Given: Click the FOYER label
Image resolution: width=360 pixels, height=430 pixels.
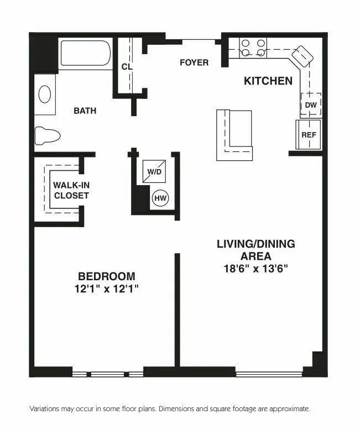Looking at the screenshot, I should [194, 62].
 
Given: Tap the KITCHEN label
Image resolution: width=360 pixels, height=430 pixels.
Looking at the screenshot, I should [268, 81].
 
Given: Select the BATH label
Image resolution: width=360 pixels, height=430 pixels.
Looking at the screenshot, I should [85, 111].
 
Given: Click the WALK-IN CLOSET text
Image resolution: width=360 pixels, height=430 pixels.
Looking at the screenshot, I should [71, 191].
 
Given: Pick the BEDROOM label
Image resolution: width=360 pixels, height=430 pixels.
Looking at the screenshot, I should [106, 276].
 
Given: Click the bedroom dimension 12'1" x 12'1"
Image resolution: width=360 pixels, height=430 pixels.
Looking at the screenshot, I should [106, 289].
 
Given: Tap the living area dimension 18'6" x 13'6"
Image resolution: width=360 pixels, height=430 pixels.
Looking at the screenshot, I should [255, 269].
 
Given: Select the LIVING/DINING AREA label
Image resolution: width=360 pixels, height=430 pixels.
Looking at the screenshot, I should [255, 250].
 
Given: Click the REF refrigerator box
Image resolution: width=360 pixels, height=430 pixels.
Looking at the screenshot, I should [309, 135].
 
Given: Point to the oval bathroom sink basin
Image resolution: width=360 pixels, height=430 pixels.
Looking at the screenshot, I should [45, 95].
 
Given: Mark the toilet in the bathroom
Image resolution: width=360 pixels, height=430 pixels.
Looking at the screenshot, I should [47, 135].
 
